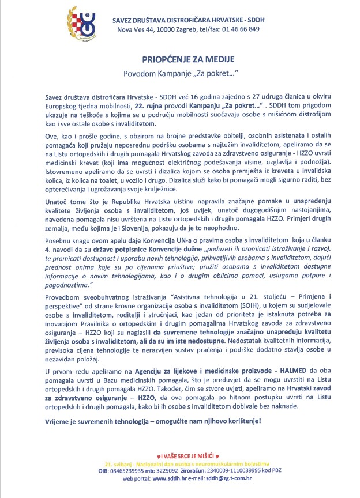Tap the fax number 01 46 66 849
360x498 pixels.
pos(237,28)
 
